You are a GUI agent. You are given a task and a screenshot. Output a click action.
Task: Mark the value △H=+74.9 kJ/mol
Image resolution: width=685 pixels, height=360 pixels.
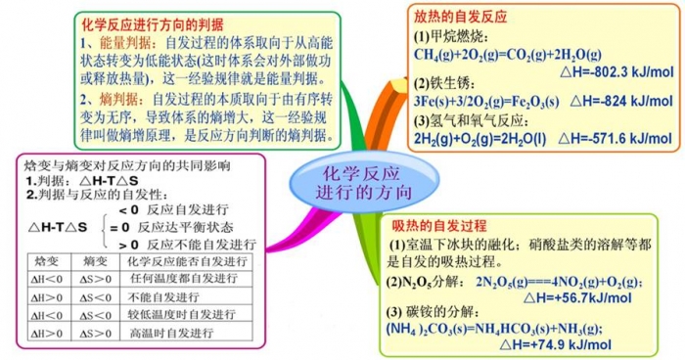coord(554,344)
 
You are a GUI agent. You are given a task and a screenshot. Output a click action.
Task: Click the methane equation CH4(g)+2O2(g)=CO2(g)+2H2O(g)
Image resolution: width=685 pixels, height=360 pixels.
coord(500,54)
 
